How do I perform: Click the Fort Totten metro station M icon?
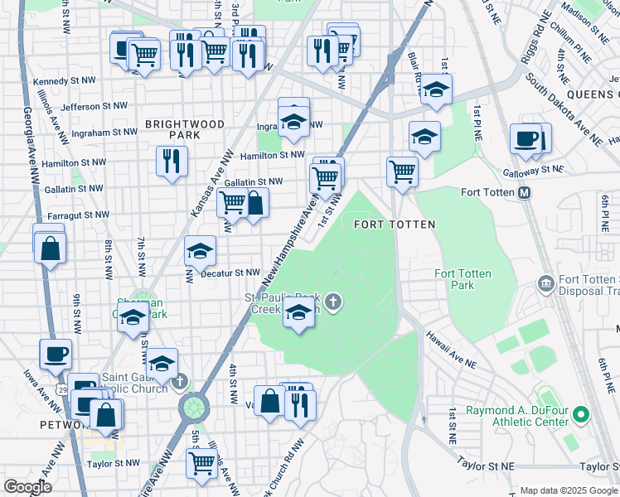(524, 192)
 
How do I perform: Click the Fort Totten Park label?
(463, 280)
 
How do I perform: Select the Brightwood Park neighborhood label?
(185, 129)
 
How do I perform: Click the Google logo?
(27, 487)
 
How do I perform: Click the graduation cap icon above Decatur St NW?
(200, 250)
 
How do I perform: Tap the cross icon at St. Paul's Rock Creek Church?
(333, 302)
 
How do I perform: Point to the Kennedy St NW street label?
(64, 82)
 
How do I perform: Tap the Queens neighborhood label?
(590, 94)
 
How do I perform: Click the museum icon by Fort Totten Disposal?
(545, 285)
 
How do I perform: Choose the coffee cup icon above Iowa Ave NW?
(56, 354)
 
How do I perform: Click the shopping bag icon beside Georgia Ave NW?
(51, 247)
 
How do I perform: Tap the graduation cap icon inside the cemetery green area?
(298, 312)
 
